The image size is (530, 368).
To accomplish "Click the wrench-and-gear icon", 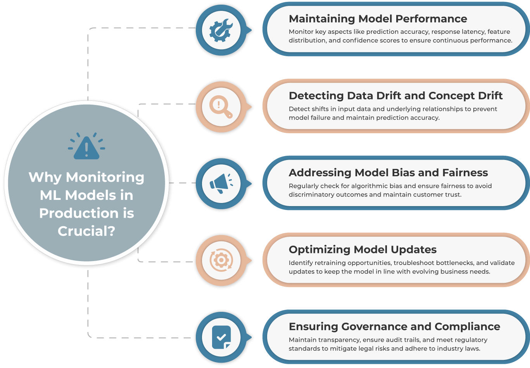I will (x=221, y=30).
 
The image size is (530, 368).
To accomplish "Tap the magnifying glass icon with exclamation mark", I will (x=221, y=107).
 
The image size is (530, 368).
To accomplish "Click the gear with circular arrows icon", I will (x=221, y=260).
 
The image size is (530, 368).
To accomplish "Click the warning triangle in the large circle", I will (x=86, y=148).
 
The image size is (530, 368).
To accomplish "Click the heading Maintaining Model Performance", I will (x=378, y=19).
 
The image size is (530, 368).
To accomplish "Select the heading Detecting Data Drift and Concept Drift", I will (x=395, y=96).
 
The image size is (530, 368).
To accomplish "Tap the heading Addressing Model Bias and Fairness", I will (x=388, y=172).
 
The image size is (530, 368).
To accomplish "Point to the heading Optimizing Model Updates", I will (x=363, y=249).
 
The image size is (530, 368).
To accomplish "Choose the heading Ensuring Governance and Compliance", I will (x=394, y=327).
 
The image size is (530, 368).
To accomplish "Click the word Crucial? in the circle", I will (x=86, y=231).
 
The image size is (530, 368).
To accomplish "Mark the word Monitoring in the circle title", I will (x=105, y=177).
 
